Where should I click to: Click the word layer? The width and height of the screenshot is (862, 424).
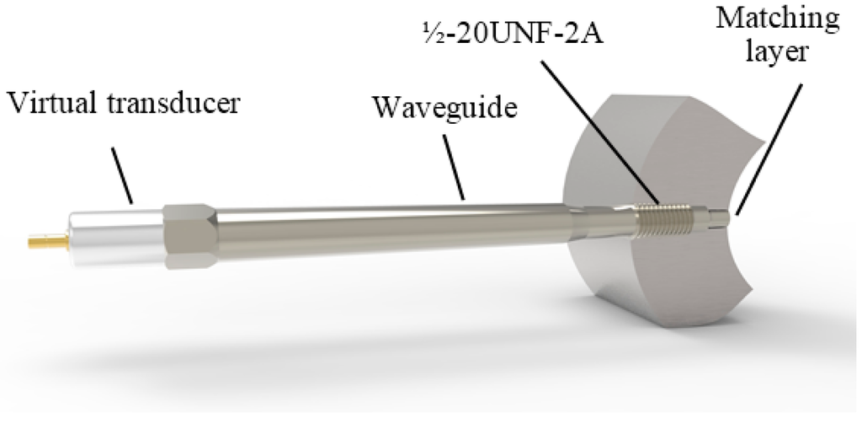coord(781,52)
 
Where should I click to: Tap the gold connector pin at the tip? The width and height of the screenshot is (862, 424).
coord(46,243)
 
